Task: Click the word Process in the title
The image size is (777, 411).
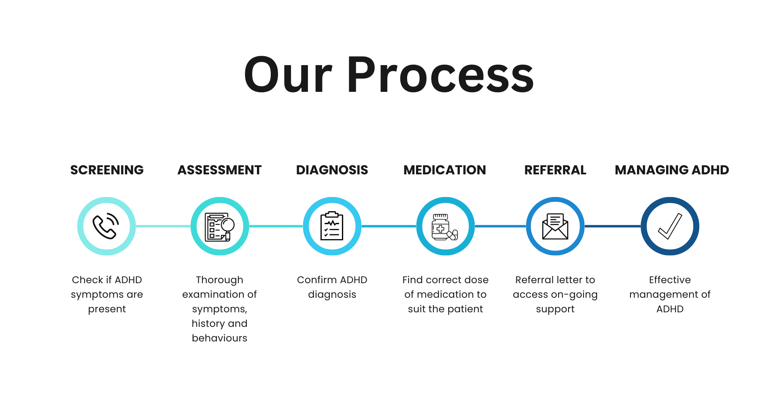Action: [x=440, y=75]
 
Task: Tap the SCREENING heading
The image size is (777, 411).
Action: [x=107, y=170]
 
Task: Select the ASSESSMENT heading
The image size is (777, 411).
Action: [x=219, y=170]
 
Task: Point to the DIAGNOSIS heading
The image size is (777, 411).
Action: [x=332, y=170]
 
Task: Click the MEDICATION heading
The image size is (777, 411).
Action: [x=445, y=170]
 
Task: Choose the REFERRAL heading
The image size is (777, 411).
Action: [x=555, y=170]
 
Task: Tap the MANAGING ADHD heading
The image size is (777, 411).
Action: [x=672, y=170]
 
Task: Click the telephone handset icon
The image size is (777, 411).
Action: [x=106, y=226]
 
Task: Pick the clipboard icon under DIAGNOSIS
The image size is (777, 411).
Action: [x=332, y=226]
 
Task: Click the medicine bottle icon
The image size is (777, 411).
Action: [x=441, y=227]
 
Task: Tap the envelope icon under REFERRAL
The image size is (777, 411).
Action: [x=555, y=227]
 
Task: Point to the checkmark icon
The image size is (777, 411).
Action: [x=670, y=227]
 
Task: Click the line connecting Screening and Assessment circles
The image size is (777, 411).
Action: [x=163, y=226]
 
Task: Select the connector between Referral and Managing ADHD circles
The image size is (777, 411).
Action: [x=613, y=226]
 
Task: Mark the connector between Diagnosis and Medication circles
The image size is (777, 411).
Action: [x=389, y=226]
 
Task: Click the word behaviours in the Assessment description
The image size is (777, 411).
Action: [x=219, y=338]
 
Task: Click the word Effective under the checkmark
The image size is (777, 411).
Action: [x=670, y=280]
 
